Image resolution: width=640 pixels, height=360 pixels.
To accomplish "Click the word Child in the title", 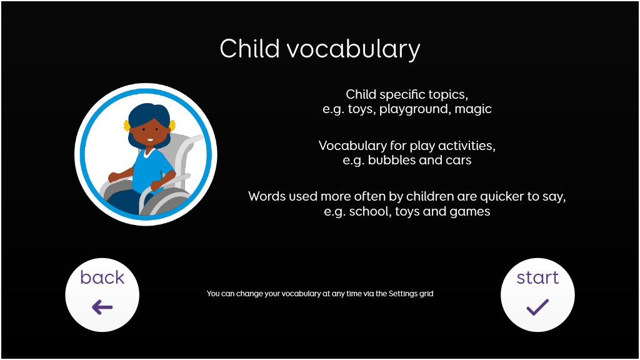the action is pos(249,48).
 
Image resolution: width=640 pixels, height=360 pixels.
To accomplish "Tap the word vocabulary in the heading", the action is pos(354,50).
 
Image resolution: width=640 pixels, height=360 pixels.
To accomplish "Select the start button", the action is pos(537,295).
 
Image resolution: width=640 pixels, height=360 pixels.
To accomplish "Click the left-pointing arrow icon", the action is pos(102,307).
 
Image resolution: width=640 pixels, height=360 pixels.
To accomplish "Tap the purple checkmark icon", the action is pos(537,307).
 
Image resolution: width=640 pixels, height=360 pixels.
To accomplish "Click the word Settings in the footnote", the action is pos(403,294).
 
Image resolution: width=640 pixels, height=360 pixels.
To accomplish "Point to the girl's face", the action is pos(149,130).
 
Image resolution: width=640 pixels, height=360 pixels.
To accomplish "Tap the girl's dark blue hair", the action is pos(149,114).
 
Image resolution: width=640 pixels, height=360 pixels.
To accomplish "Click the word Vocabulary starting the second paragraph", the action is pos(352,146).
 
